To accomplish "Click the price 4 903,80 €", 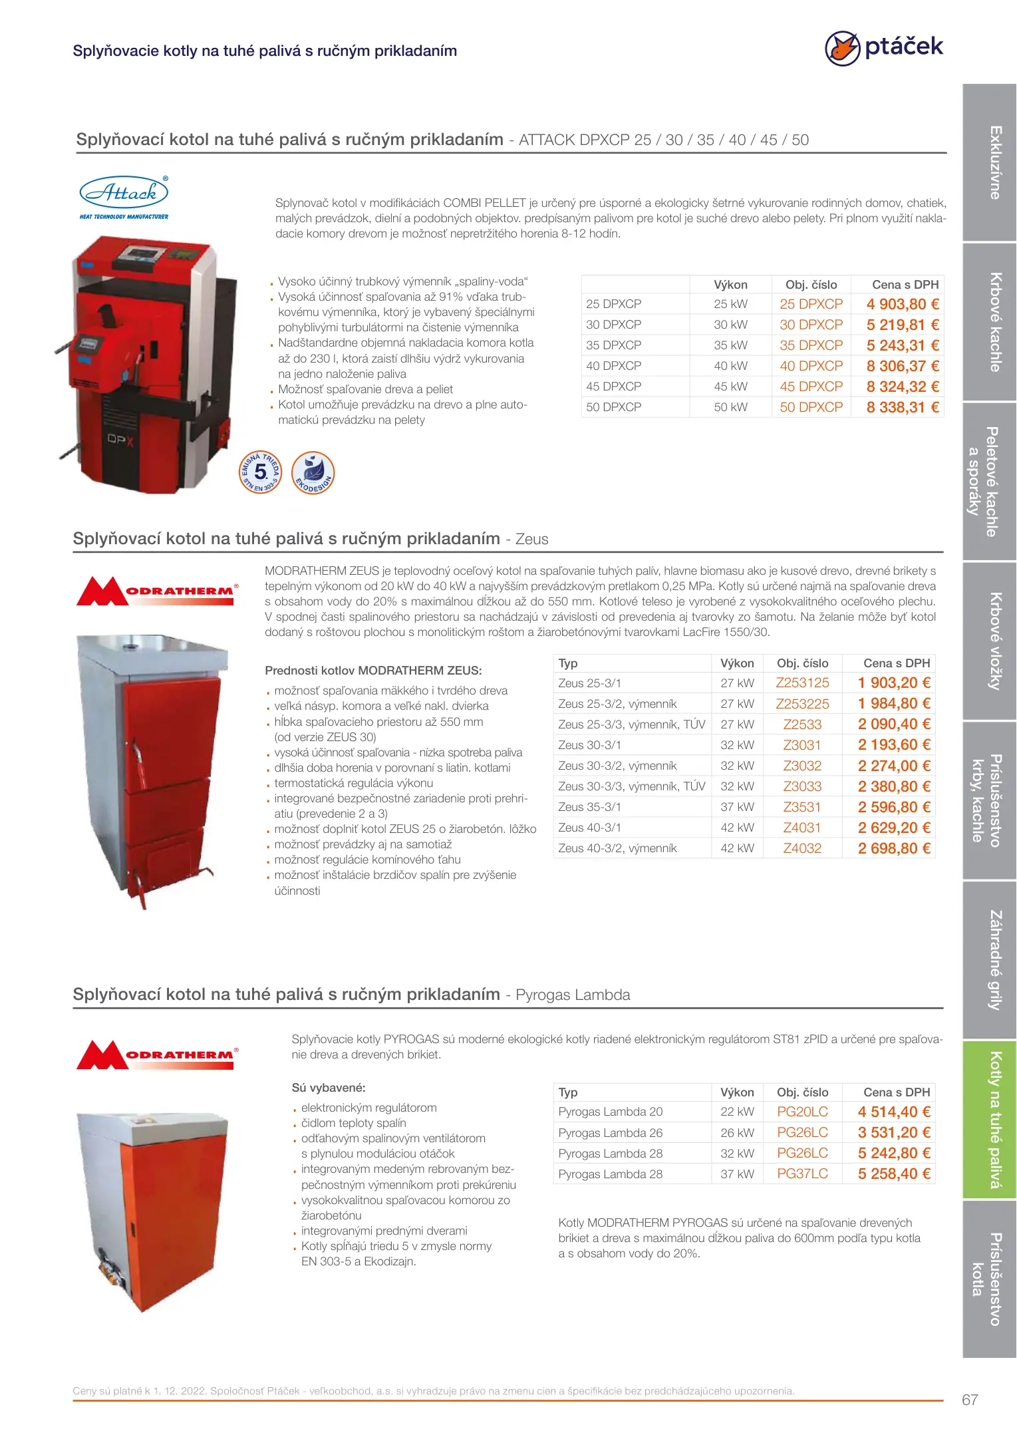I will [902, 304].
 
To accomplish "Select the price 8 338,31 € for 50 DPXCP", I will [902, 407].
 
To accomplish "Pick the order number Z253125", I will [802, 683].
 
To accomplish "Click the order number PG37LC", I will [802, 1174].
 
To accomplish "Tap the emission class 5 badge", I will [261, 472].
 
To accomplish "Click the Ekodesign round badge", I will [313, 472].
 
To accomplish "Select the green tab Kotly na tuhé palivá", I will [990, 1120].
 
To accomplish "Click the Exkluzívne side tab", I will [990, 162].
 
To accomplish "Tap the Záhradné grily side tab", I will [990, 960].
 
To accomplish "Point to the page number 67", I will [970, 1400].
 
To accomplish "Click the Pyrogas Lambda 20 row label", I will [610, 1112].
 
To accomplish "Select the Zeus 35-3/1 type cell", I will [590, 807].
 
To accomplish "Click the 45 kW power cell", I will [730, 387].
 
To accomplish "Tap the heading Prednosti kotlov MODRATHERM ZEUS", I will [373, 671].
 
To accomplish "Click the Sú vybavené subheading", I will [329, 1088].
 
